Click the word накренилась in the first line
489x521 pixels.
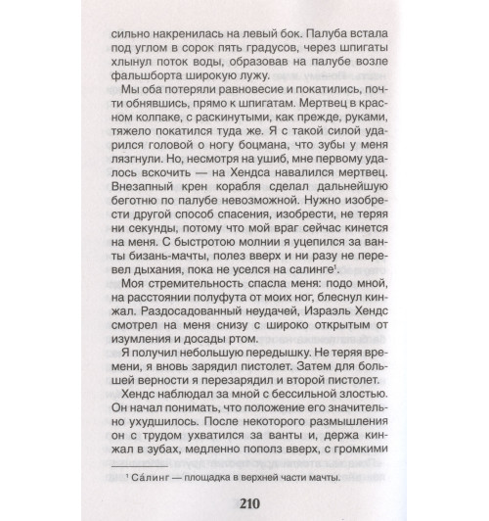point(199,45)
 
